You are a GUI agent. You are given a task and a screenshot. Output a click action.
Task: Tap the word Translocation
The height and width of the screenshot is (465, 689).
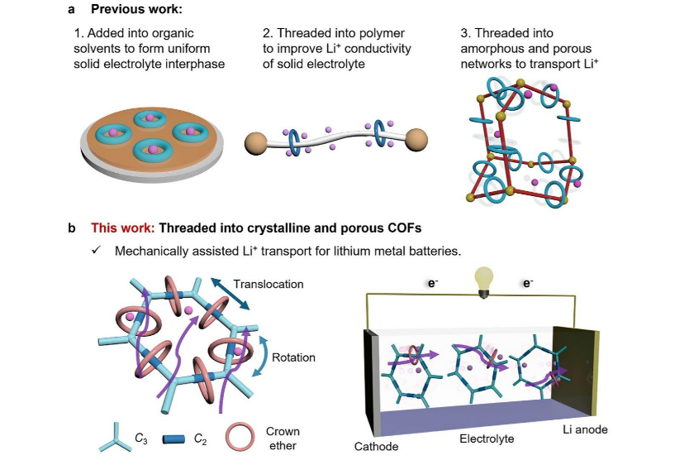[x=268, y=284]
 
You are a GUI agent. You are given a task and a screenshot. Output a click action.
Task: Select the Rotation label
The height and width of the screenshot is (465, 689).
[x=293, y=358]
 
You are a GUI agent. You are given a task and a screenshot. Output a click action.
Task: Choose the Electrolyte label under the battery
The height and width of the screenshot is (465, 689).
[x=488, y=439]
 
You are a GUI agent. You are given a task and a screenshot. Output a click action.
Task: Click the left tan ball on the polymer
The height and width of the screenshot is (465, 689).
[x=258, y=143]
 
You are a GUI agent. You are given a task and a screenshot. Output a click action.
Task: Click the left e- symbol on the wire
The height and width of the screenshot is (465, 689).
[x=431, y=283]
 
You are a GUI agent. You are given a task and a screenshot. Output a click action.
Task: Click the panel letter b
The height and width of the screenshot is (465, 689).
[x=73, y=228]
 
